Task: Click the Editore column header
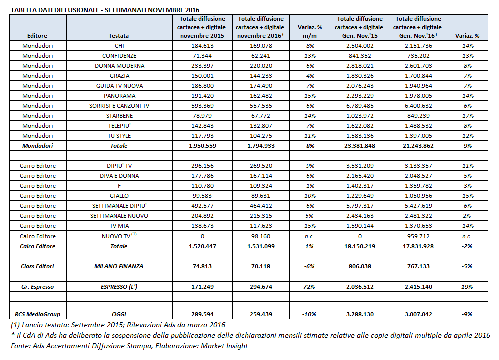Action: [37, 36]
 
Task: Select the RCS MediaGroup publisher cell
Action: [37, 314]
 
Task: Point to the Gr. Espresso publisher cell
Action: [37, 287]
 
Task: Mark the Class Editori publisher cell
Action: [37, 266]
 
